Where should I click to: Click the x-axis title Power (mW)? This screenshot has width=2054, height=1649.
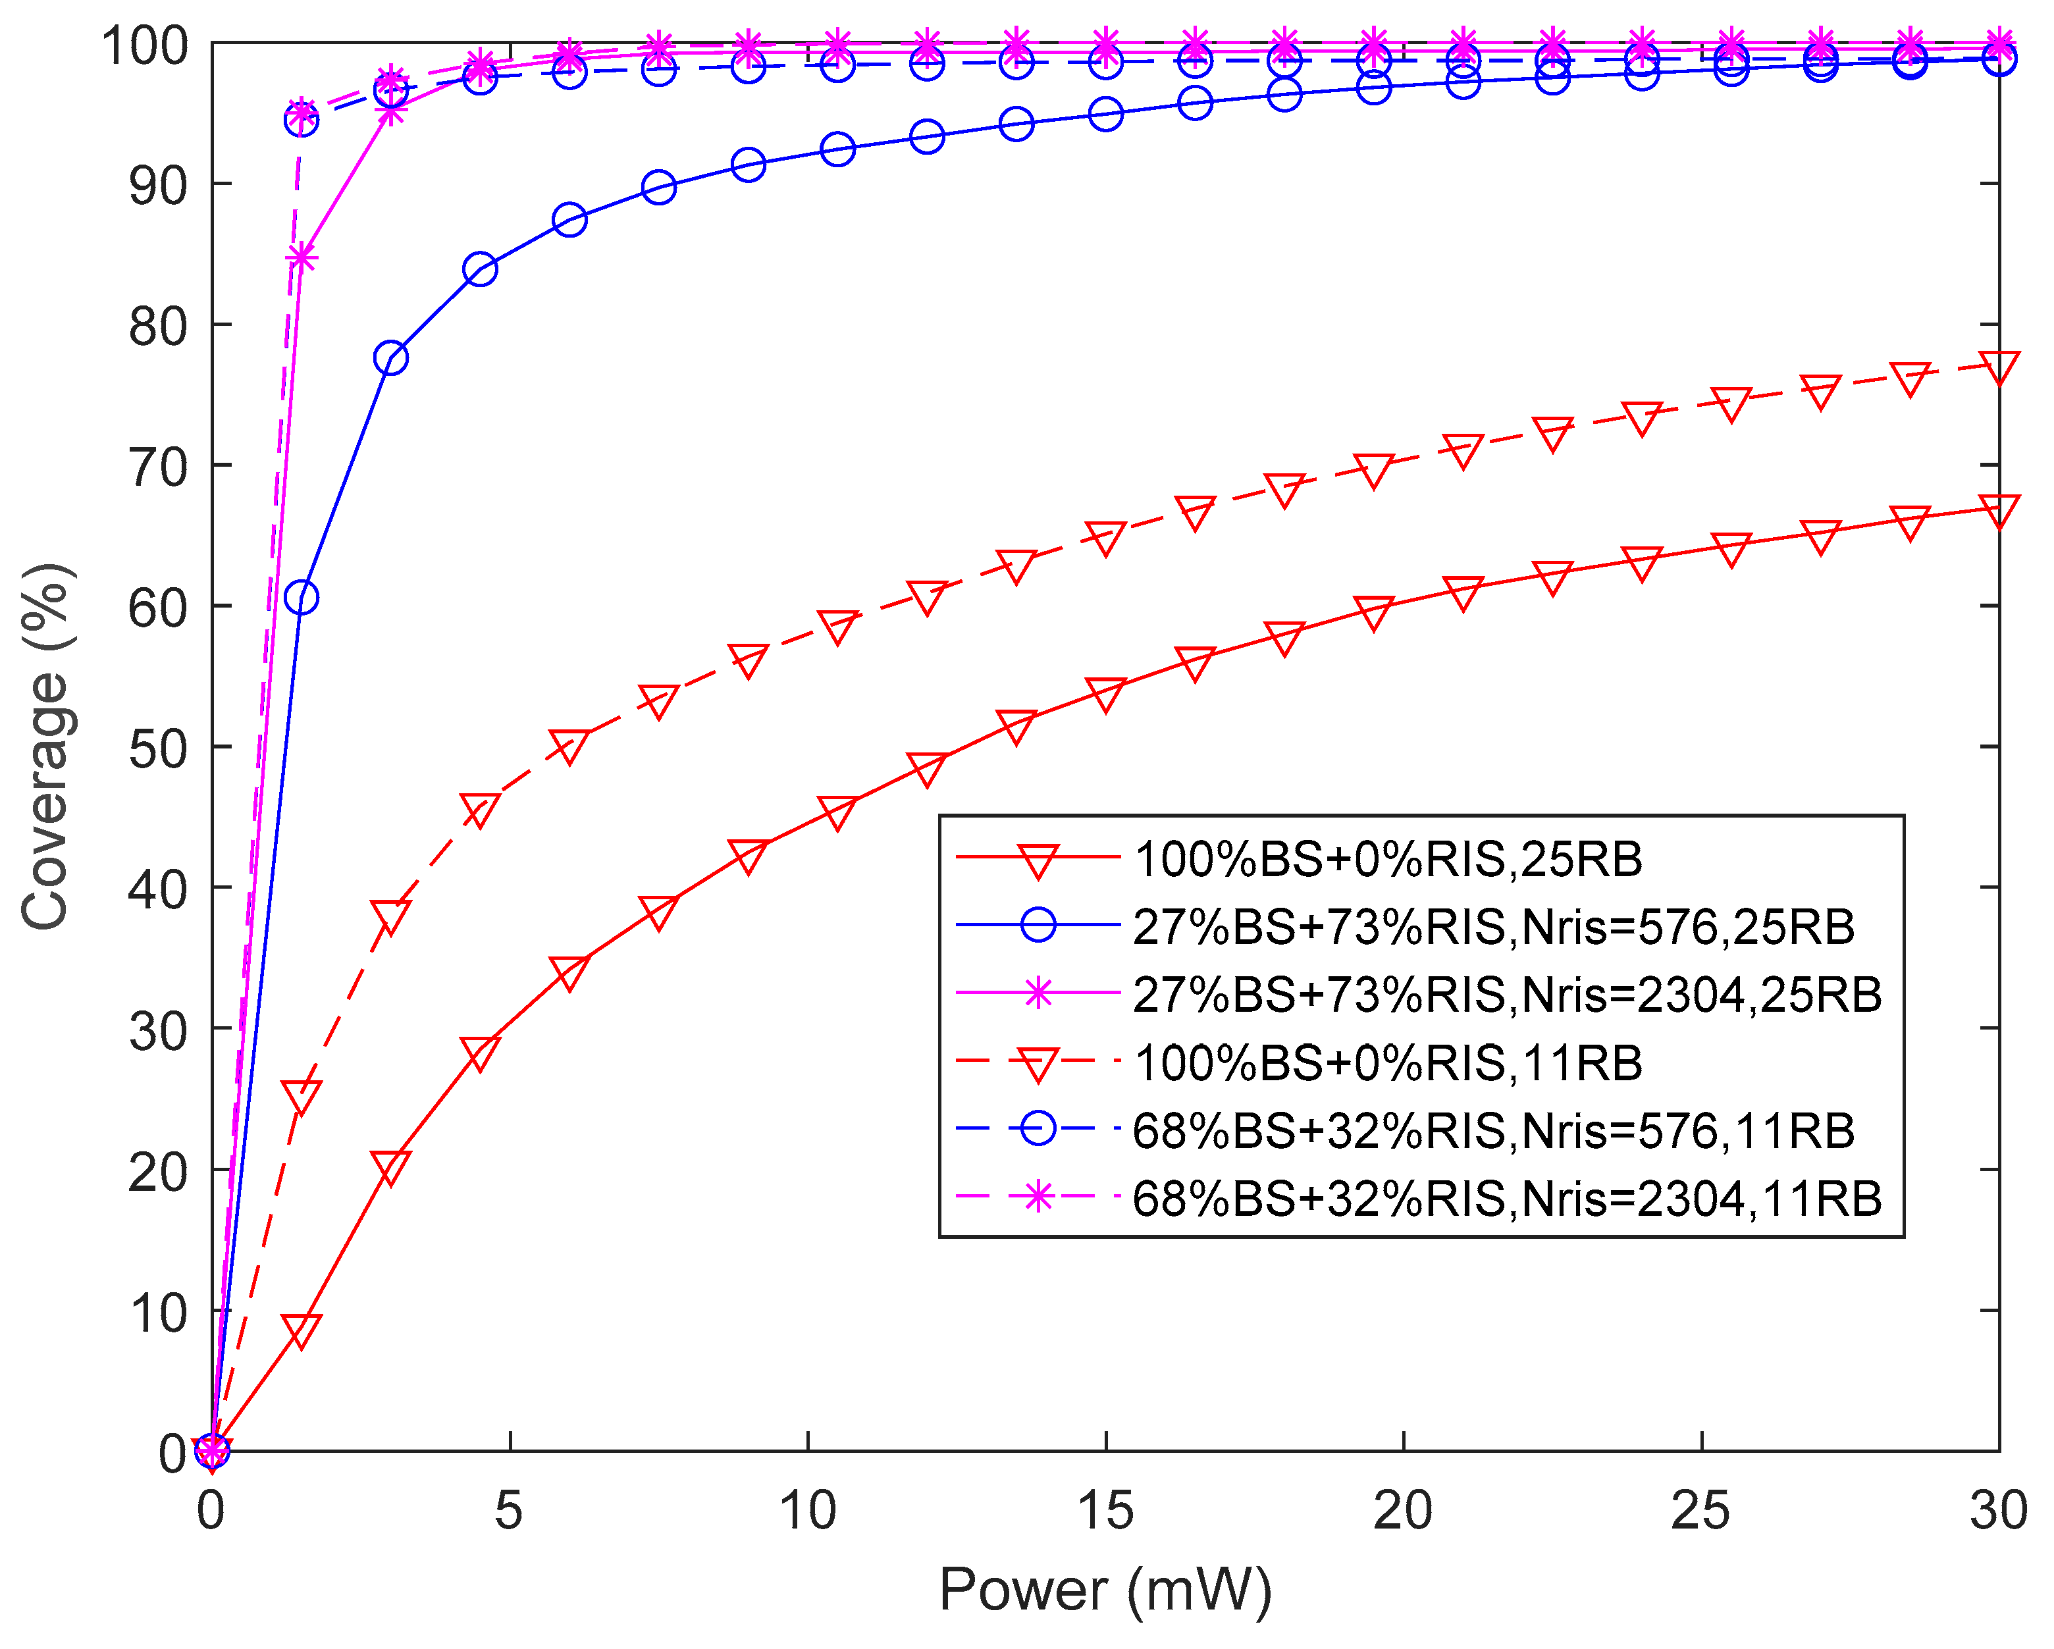(x=1105, y=1590)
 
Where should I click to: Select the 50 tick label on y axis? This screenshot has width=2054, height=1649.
(x=157, y=748)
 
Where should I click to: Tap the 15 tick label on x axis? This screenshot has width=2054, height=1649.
(x=1105, y=1511)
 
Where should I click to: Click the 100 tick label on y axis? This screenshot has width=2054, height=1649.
(x=145, y=45)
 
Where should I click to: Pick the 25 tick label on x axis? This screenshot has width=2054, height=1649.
(x=1700, y=1511)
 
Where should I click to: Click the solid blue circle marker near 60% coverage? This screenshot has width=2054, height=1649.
(x=301, y=598)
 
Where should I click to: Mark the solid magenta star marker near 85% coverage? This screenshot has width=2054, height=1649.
(x=301, y=258)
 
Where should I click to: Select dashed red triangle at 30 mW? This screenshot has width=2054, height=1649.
(x=1998, y=368)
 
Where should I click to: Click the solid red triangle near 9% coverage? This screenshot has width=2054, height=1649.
(x=301, y=1330)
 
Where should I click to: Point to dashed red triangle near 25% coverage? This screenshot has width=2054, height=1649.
(x=301, y=1097)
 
